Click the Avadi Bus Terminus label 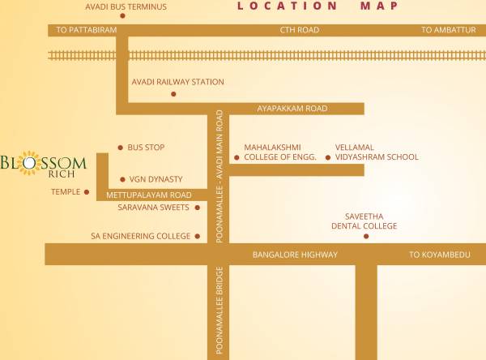[126, 8]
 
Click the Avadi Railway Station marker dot [173, 94]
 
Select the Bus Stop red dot [121, 148]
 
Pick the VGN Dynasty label [156, 179]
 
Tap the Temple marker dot [87, 192]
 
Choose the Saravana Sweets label [153, 208]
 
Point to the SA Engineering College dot [197, 237]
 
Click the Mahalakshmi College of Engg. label [280, 152]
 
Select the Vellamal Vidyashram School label [377, 152]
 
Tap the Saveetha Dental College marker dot [366, 237]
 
